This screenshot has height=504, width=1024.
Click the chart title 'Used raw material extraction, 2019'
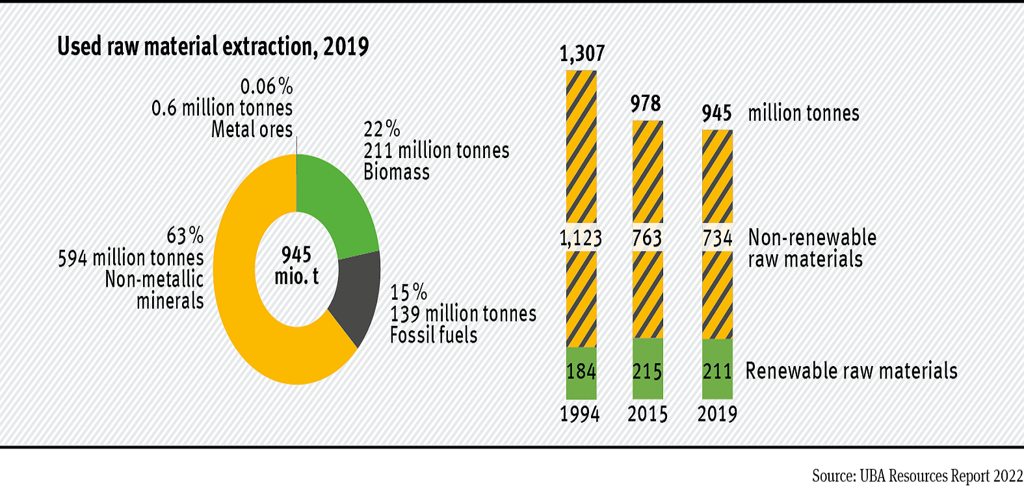pos(213,47)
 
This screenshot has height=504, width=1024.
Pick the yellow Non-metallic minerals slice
pos(247,312)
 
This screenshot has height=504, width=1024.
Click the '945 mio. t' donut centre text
pos(296,265)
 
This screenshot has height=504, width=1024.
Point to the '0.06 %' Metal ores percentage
pos(267,86)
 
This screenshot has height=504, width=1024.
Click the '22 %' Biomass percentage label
pos(382,129)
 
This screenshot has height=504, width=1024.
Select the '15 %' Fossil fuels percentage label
pos(408,292)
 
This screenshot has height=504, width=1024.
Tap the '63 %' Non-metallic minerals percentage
pos(185,235)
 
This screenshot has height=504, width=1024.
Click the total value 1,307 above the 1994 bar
pos(582,53)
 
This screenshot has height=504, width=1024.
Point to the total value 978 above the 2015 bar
pos(646,103)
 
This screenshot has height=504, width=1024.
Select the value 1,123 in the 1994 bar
pos(581,238)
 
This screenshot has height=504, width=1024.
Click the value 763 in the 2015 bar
pos(647,238)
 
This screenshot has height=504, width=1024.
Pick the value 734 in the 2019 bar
pos(717,238)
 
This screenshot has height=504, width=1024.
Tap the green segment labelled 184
pos(581,371)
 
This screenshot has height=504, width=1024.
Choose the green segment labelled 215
pos(648,371)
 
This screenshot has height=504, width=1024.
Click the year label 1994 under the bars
pos(580,414)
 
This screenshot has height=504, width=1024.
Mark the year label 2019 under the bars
pos(717,414)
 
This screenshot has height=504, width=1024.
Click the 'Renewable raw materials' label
pos(851,371)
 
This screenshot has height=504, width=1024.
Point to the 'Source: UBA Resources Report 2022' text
pos(917,476)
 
